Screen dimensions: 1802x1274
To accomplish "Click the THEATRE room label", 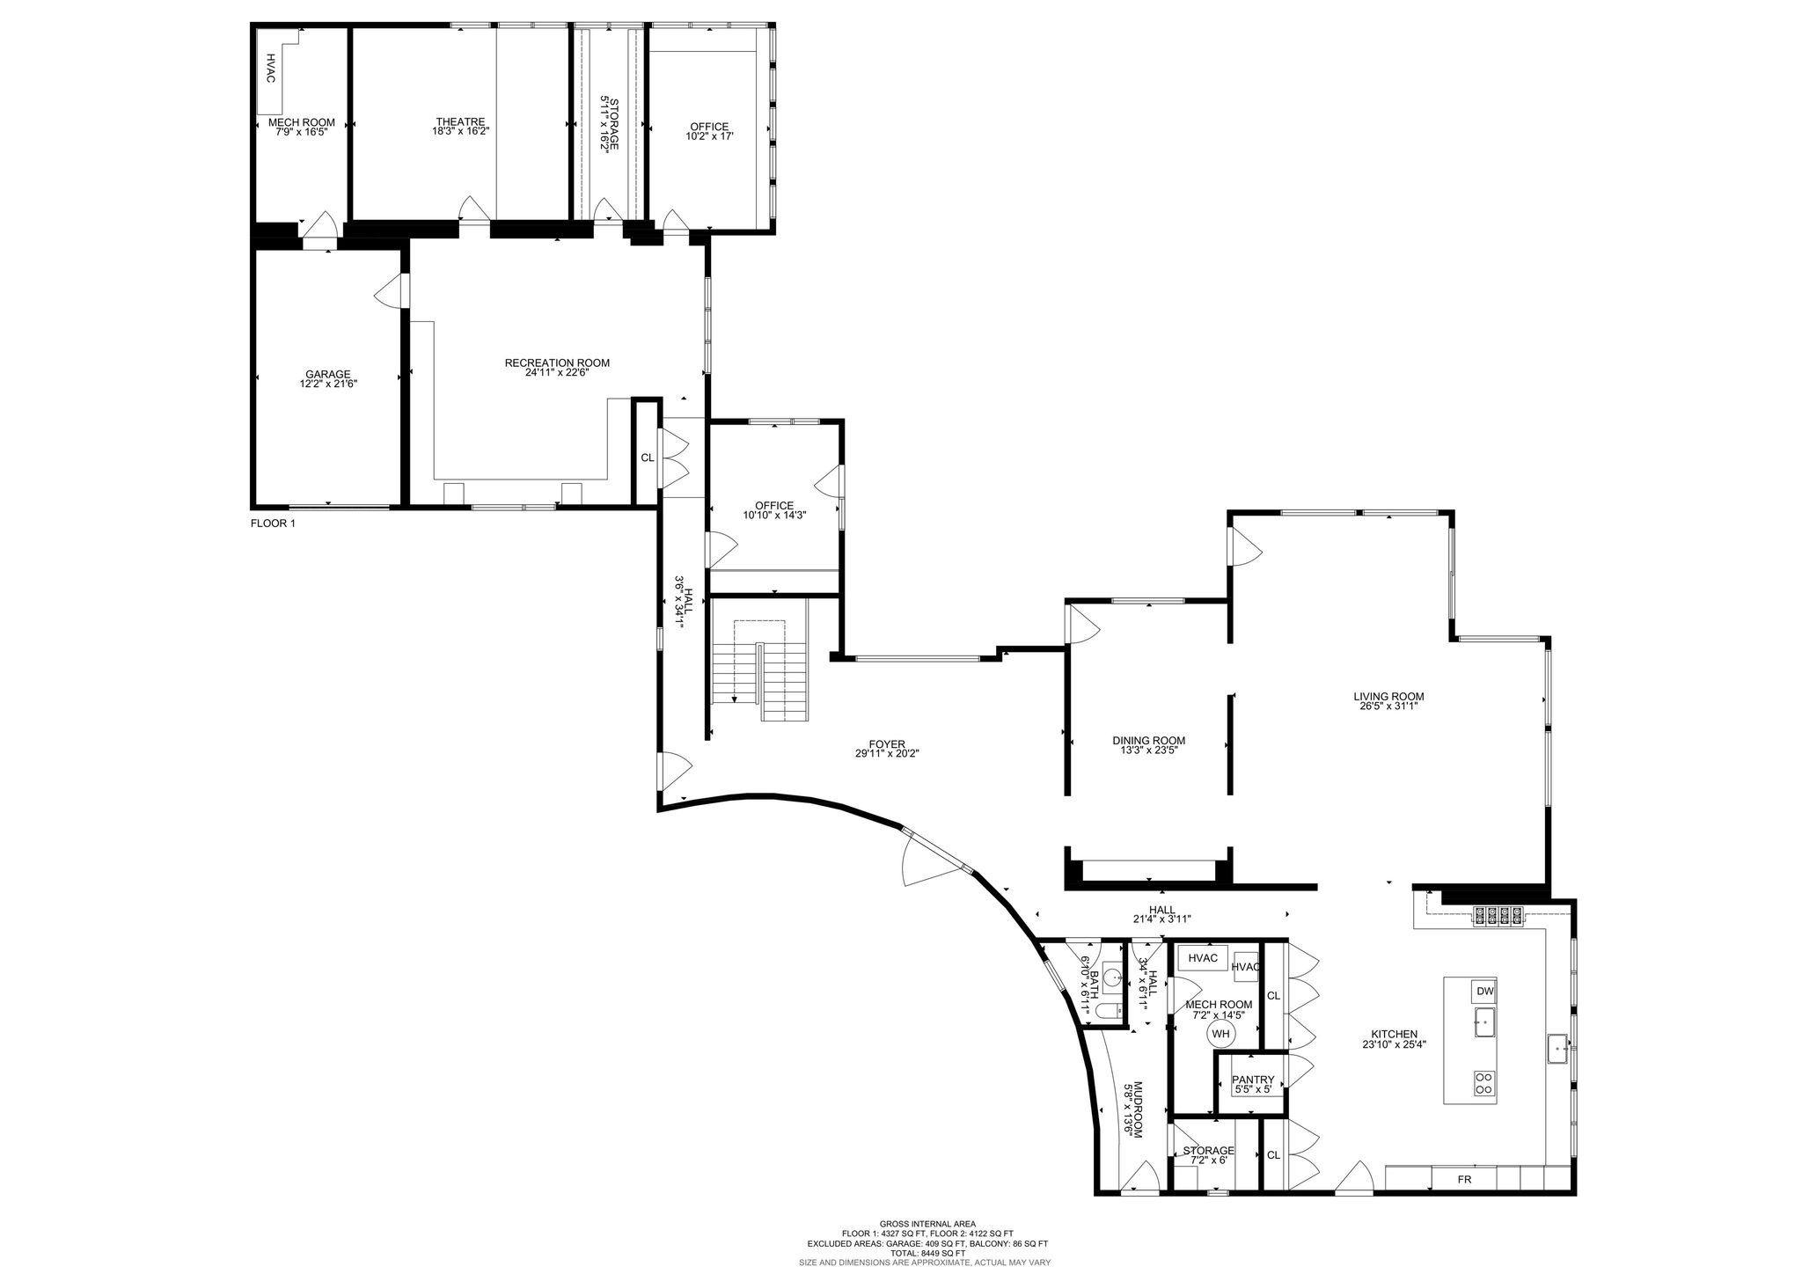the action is [460, 121].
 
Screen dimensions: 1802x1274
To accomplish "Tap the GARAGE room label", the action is [328, 374].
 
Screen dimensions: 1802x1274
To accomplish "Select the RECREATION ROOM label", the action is [557, 362].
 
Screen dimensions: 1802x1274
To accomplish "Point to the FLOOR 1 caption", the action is [274, 523].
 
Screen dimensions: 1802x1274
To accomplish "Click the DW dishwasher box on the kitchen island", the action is [1485, 992].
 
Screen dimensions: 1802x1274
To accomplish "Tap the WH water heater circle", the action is [1220, 1034].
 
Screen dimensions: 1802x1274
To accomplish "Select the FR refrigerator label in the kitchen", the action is [1464, 1179].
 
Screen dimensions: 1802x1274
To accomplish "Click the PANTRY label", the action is [1253, 1080].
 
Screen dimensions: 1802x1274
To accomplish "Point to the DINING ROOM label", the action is [1148, 740].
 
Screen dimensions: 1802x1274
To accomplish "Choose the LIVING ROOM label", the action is [1388, 696].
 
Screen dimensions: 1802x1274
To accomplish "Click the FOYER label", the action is [887, 743].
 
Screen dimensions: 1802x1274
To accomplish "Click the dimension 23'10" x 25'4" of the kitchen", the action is [1394, 1044].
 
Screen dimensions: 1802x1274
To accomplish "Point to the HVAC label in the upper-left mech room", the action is [271, 69].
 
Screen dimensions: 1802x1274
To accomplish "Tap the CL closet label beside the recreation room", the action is [648, 458].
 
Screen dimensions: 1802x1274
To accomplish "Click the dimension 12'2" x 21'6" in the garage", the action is [328, 384].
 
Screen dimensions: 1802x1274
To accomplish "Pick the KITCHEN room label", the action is [1394, 1034].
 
